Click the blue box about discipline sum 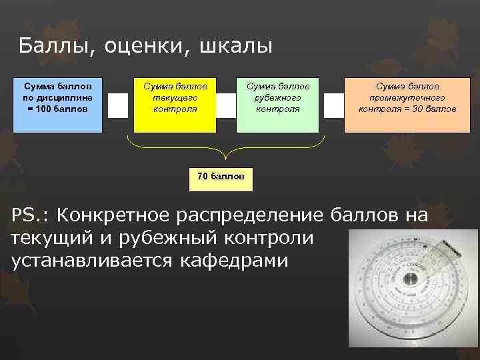point(57,105)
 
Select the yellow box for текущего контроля point(175,105)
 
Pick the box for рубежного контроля point(277,105)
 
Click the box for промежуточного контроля point(407,105)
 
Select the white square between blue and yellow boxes point(117,105)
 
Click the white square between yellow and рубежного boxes point(226,105)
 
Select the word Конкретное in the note point(114,215)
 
